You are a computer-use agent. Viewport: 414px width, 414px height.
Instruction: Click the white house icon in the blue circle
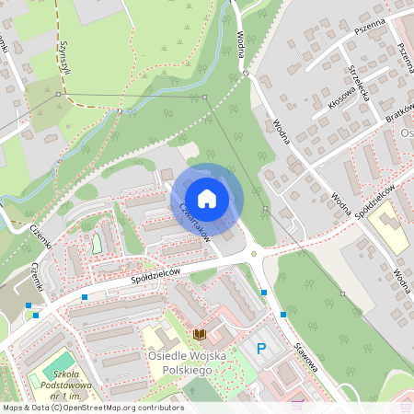[207, 198]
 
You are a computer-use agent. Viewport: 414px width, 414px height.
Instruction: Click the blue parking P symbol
[261, 349]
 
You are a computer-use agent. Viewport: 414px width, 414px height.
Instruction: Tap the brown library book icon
[199, 333]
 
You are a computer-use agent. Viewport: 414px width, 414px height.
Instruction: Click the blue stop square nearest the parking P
[283, 315]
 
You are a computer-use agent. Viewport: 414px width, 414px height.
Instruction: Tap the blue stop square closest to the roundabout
[264, 293]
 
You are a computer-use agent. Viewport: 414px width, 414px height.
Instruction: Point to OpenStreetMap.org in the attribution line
[98, 407]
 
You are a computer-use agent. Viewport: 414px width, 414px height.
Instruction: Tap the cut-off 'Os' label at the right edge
[407, 132]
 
